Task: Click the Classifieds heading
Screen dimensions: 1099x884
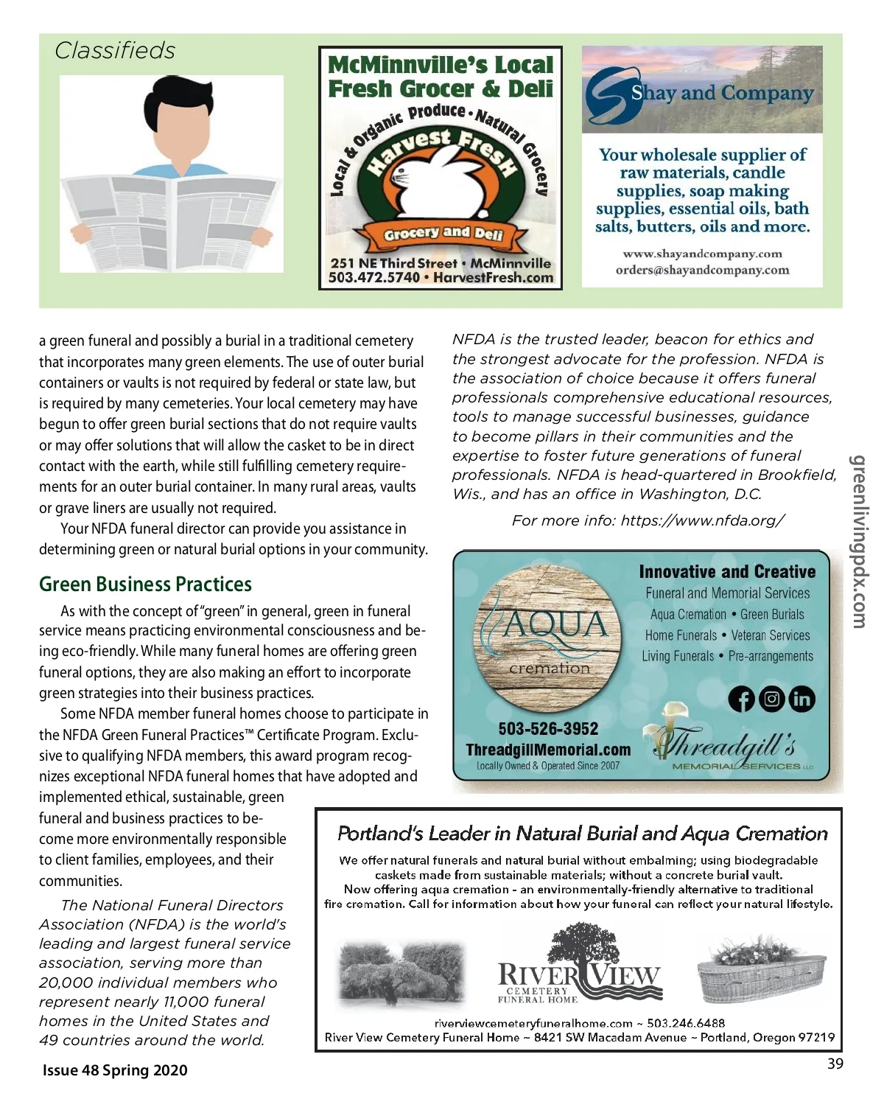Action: (x=115, y=51)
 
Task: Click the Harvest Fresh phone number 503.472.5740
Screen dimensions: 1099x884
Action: (x=373, y=278)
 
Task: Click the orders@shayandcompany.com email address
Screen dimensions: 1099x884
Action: (x=702, y=270)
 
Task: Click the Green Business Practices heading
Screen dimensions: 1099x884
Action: (x=145, y=585)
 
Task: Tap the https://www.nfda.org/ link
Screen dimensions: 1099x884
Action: (x=703, y=520)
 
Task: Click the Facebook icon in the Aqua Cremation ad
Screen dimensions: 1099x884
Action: (x=741, y=699)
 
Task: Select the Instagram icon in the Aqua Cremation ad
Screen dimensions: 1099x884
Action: (x=771, y=699)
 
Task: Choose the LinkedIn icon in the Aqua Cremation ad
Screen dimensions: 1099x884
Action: (x=801, y=699)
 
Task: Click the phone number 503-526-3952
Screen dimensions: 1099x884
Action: (x=548, y=729)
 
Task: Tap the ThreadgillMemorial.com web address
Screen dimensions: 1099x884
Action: (x=548, y=750)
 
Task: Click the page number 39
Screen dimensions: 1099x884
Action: (x=835, y=1064)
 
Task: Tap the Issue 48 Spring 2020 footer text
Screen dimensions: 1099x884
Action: (x=115, y=1070)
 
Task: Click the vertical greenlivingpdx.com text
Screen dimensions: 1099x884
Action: (x=858, y=542)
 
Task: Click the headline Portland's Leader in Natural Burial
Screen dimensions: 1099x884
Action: (x=582, y=834)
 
